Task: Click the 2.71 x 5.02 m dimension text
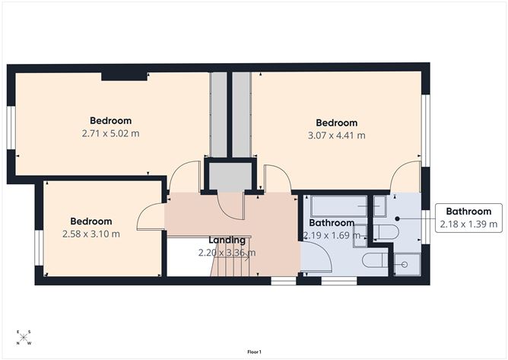(110, 133)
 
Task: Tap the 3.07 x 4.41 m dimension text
(336, 135)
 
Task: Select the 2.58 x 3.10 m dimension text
(90, 234)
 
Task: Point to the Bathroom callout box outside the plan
(468, 217)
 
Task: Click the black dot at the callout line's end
(397, 217)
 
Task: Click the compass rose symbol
(24, 337)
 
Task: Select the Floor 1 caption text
(254, 352)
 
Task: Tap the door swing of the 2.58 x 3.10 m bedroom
(148, 218)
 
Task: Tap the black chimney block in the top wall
(125, 75)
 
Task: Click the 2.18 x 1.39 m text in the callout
(468, 224)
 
